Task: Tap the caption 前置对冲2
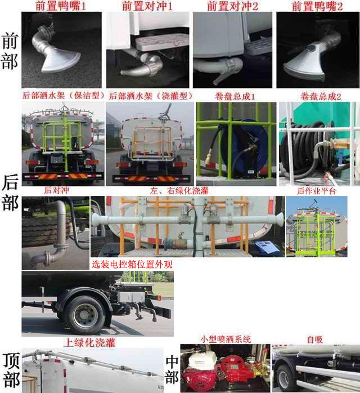232,7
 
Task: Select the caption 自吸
314,340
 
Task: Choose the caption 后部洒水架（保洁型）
62,96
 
